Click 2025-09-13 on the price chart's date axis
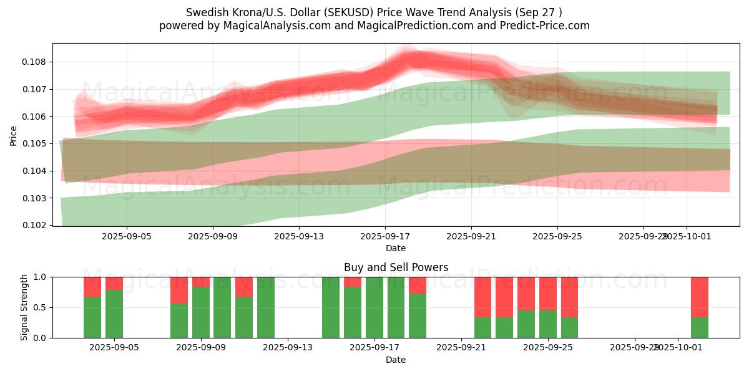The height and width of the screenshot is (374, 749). point(299,237)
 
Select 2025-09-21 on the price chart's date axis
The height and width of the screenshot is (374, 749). point(471,237)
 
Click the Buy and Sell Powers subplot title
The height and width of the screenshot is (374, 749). point(396,267)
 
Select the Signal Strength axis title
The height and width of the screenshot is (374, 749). point(24,307)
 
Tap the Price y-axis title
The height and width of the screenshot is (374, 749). point(14,135)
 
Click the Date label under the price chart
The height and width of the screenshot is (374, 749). point(396,248)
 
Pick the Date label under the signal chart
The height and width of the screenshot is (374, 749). point(396,360)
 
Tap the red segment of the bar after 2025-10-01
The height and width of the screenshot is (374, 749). point(700,297)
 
